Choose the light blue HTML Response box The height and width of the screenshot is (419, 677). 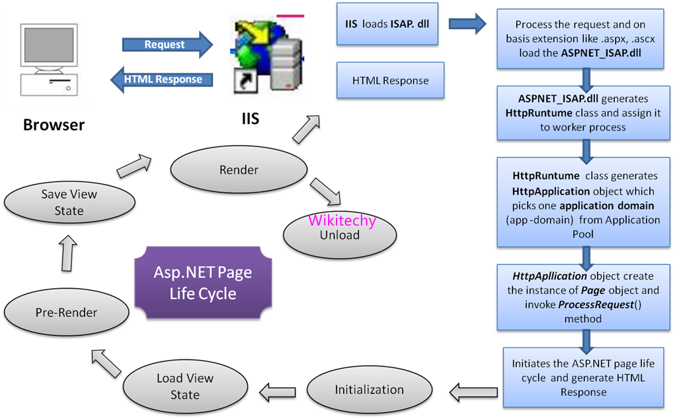pyautogui.click(x=390, y=81)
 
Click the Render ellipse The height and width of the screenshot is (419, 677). pyautogui.click(x=239, y=170)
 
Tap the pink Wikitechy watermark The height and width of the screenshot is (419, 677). pyautogui.click(x=342, y=220)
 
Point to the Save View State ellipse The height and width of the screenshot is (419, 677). pyautogui.click(x=69, y=203)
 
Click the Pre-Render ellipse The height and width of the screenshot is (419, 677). pyautogui.click(x=67, y=312)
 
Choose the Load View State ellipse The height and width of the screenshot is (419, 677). pyautogui.click(x=185, y=387)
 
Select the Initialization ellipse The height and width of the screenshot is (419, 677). pyautogui.click(x=369, y=389)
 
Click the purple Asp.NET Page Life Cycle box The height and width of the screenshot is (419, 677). pyautogui.click(x=203, y=283)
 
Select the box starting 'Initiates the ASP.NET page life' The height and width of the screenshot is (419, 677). pyautogui.click(x=582, y=378)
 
